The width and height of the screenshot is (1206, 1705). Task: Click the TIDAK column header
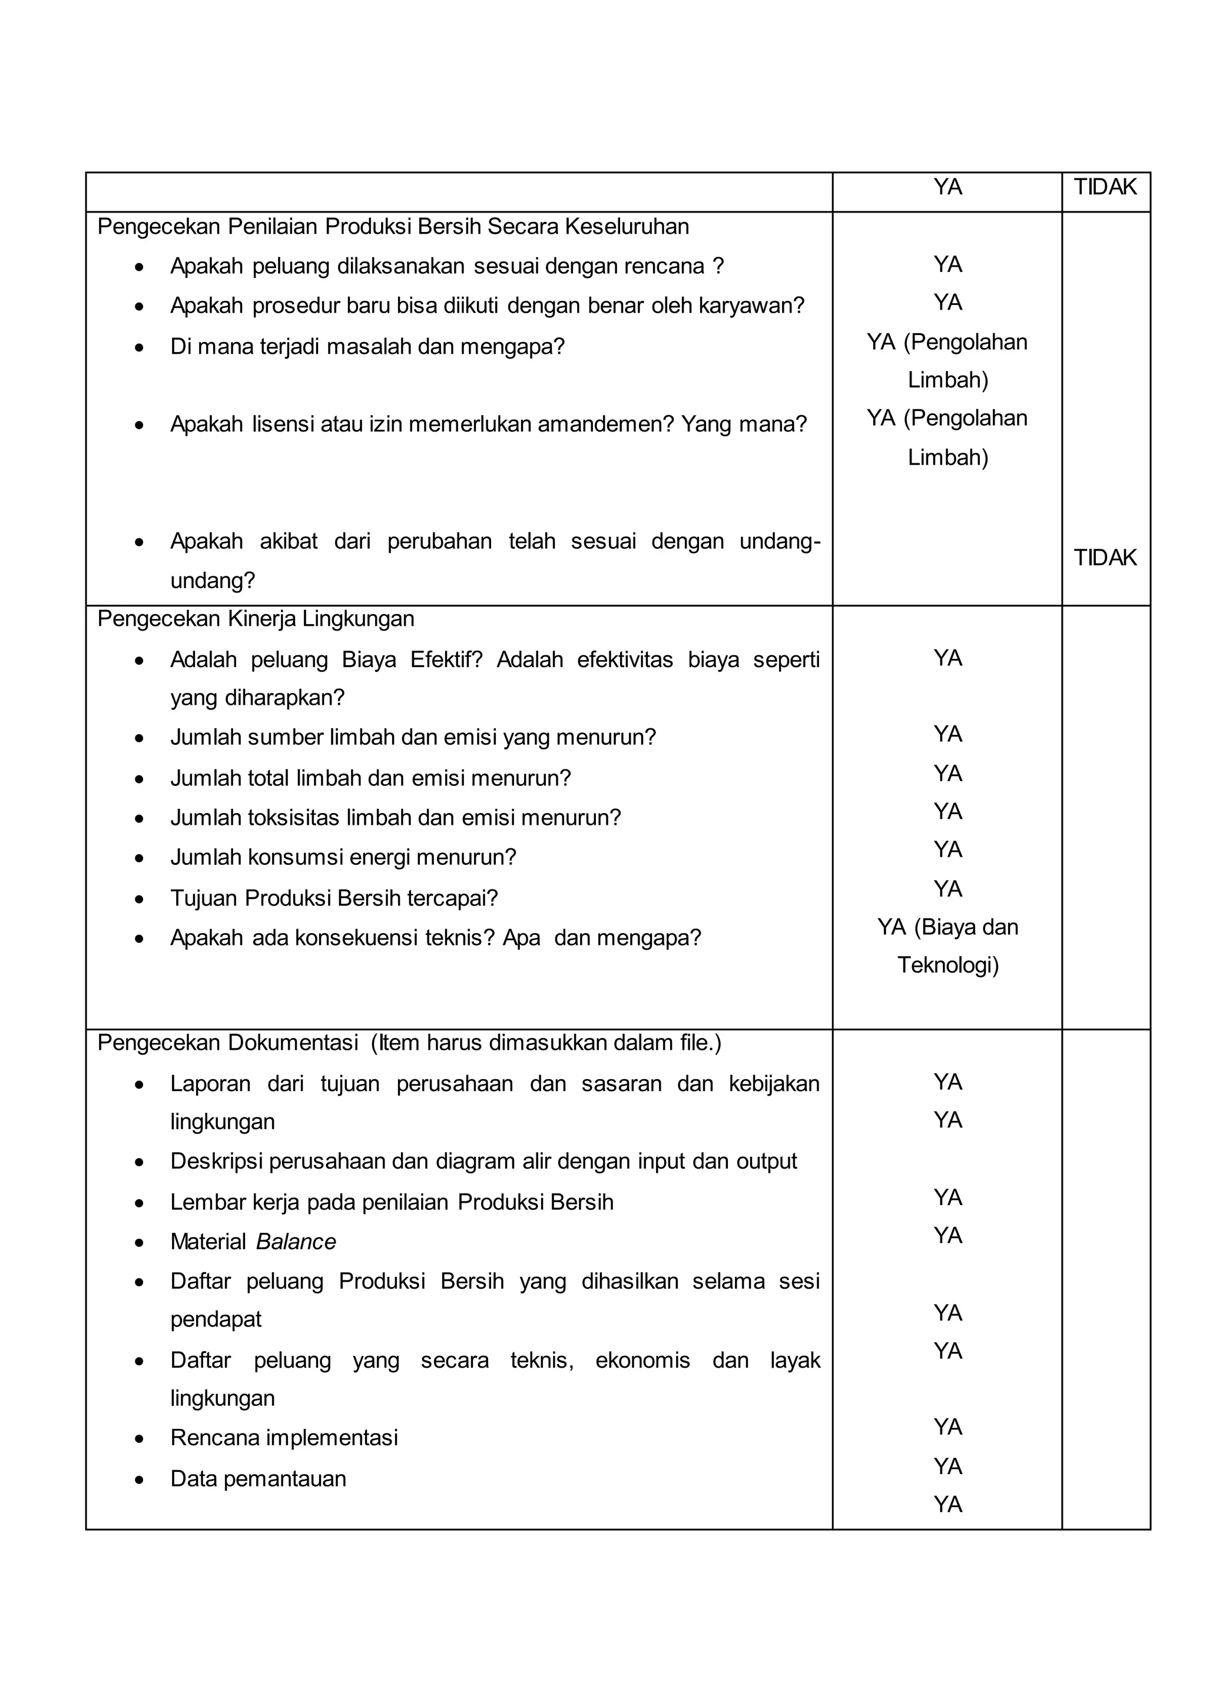[1104, 187]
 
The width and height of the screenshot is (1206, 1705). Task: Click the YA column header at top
[947, 187]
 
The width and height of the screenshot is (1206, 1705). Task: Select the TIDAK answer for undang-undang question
[1104, 558]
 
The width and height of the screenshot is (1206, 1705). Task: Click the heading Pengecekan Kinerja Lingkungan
[256, 619]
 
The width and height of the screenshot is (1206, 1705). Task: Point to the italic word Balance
[296, 1242]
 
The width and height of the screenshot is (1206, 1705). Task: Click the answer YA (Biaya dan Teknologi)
[947, 946]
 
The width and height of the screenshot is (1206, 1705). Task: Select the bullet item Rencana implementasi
[284, 1438]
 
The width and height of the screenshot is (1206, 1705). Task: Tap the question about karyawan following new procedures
[486, 306]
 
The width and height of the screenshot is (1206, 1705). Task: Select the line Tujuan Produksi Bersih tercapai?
[333, 898]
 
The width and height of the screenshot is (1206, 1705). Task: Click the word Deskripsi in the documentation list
[216, 1162]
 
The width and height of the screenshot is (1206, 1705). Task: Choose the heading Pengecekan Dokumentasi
[227, 1043]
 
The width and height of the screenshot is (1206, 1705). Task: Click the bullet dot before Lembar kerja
[139, 1203]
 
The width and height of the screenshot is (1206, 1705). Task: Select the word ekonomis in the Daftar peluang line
[642, 1361]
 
